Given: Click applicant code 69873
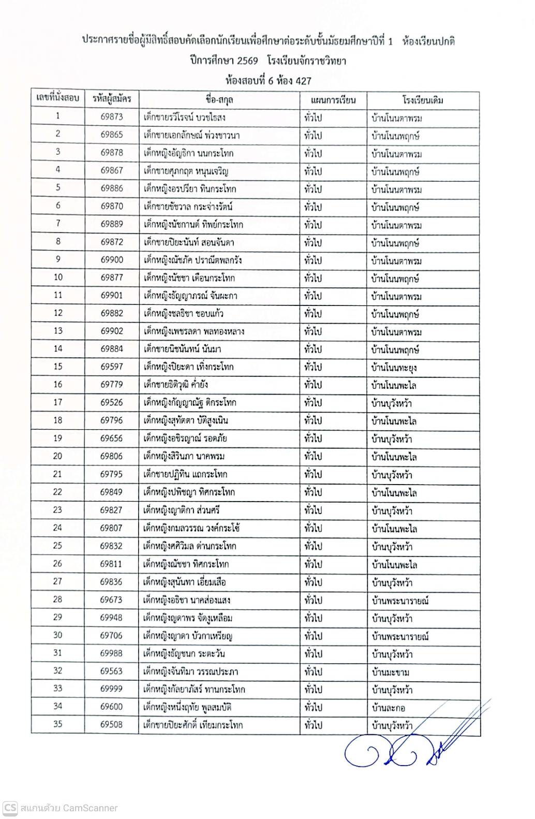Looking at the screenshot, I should pyautogui.click(x=112, y=117).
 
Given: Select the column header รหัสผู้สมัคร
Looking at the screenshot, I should pyautogui.click(x=112, y=98).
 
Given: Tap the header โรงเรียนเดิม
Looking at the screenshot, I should pyautogui.click(x=423, y=99).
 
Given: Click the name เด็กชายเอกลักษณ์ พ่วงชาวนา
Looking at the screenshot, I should pyautogui.click(x=191, y=135).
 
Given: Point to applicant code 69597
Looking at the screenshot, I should pyautogui.click(x=112, y=367).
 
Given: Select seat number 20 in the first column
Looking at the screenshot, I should pyautogui.click(x=57, y=456).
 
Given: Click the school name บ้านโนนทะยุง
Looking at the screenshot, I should pyautogui.click(x=394, y=368).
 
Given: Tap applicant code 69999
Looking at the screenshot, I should pyautogui.click(x=112, y=689).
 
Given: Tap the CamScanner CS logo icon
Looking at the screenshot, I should pyautogui.click(x=10, y=808).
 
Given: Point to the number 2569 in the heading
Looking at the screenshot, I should pyautogui.click(x=247, y=61).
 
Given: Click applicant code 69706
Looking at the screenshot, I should pyautogui.click(x=112, y=636).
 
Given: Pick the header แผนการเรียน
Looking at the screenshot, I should pyautogui.click(x=333, y=99).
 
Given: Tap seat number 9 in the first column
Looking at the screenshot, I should pyautogui.click(x=57, y=259).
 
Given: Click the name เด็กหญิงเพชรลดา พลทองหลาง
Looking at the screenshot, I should pyautogui.click(x=194, y=331).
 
